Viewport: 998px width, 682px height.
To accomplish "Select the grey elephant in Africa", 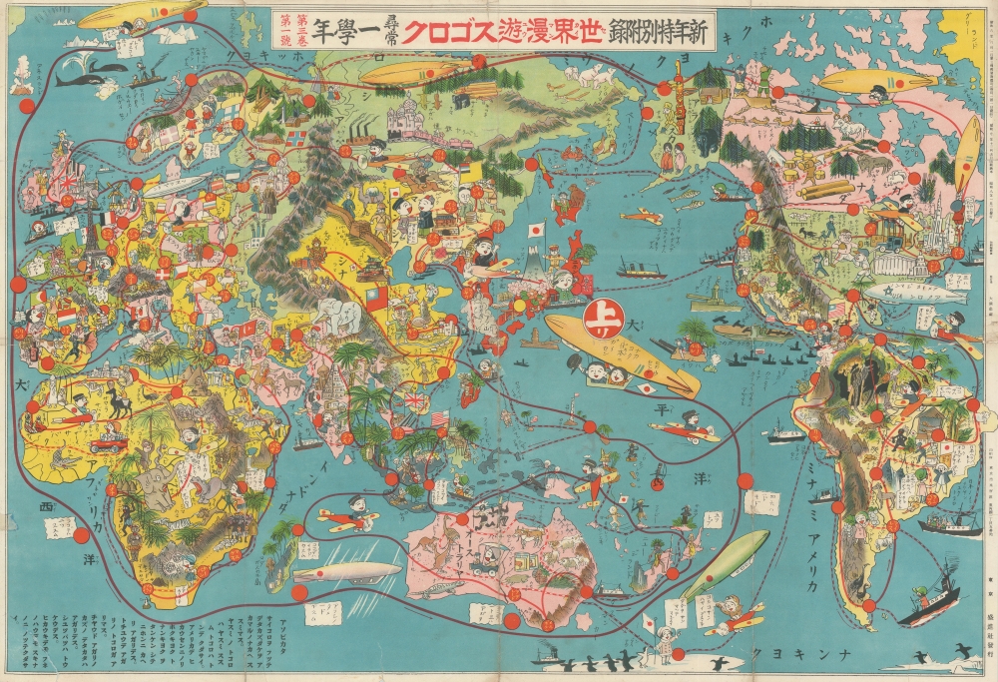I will pos(159,489).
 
